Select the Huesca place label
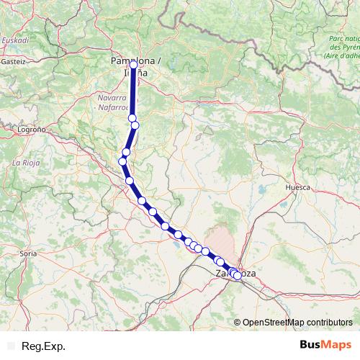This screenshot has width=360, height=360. [297, 186]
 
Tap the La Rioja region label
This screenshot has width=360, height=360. [25, 163]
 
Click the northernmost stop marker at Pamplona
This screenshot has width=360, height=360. [133, 65]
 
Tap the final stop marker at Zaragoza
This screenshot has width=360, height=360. [238, 275]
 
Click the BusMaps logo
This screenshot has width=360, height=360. [325, 346]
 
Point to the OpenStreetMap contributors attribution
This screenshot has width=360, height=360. [297, 323]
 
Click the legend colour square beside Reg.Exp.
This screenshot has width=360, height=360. [10, 346]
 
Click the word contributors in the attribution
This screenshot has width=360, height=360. [328, 323]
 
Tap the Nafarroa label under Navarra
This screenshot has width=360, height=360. [114, 107]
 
